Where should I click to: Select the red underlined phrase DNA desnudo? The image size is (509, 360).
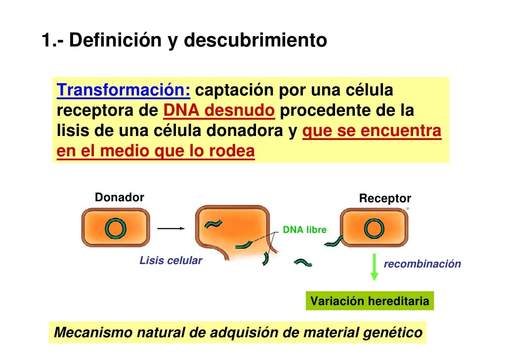218,112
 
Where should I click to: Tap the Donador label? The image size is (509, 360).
119,198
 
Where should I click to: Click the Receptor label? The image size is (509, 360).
384,199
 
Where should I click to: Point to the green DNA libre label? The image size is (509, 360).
304,230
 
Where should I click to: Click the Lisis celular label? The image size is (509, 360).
171,261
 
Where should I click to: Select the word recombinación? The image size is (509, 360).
423,264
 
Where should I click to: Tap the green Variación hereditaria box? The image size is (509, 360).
370,301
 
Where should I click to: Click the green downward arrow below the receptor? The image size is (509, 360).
374,267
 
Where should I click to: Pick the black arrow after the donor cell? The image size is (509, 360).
170,228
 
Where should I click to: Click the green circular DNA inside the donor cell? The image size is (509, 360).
115,228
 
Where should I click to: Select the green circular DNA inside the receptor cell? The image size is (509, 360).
374,228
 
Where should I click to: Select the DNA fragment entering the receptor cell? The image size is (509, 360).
336,241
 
